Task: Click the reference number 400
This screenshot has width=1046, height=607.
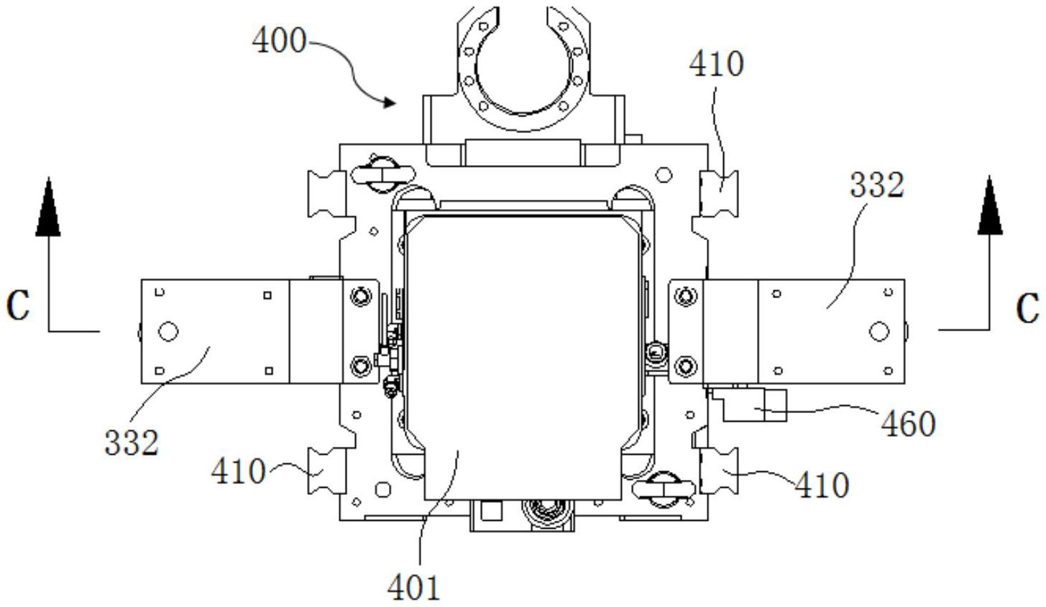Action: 279,41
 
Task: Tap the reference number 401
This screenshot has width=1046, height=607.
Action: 414,587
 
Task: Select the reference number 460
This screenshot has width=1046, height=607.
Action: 908,424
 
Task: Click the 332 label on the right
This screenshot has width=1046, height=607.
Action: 877,185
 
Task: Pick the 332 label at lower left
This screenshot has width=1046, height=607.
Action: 132,442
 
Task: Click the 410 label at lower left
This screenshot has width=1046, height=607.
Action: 238,471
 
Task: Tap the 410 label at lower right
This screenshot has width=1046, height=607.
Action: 822,485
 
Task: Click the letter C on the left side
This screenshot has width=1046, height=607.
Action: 18,305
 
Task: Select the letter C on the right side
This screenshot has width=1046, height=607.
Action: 1028,308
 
